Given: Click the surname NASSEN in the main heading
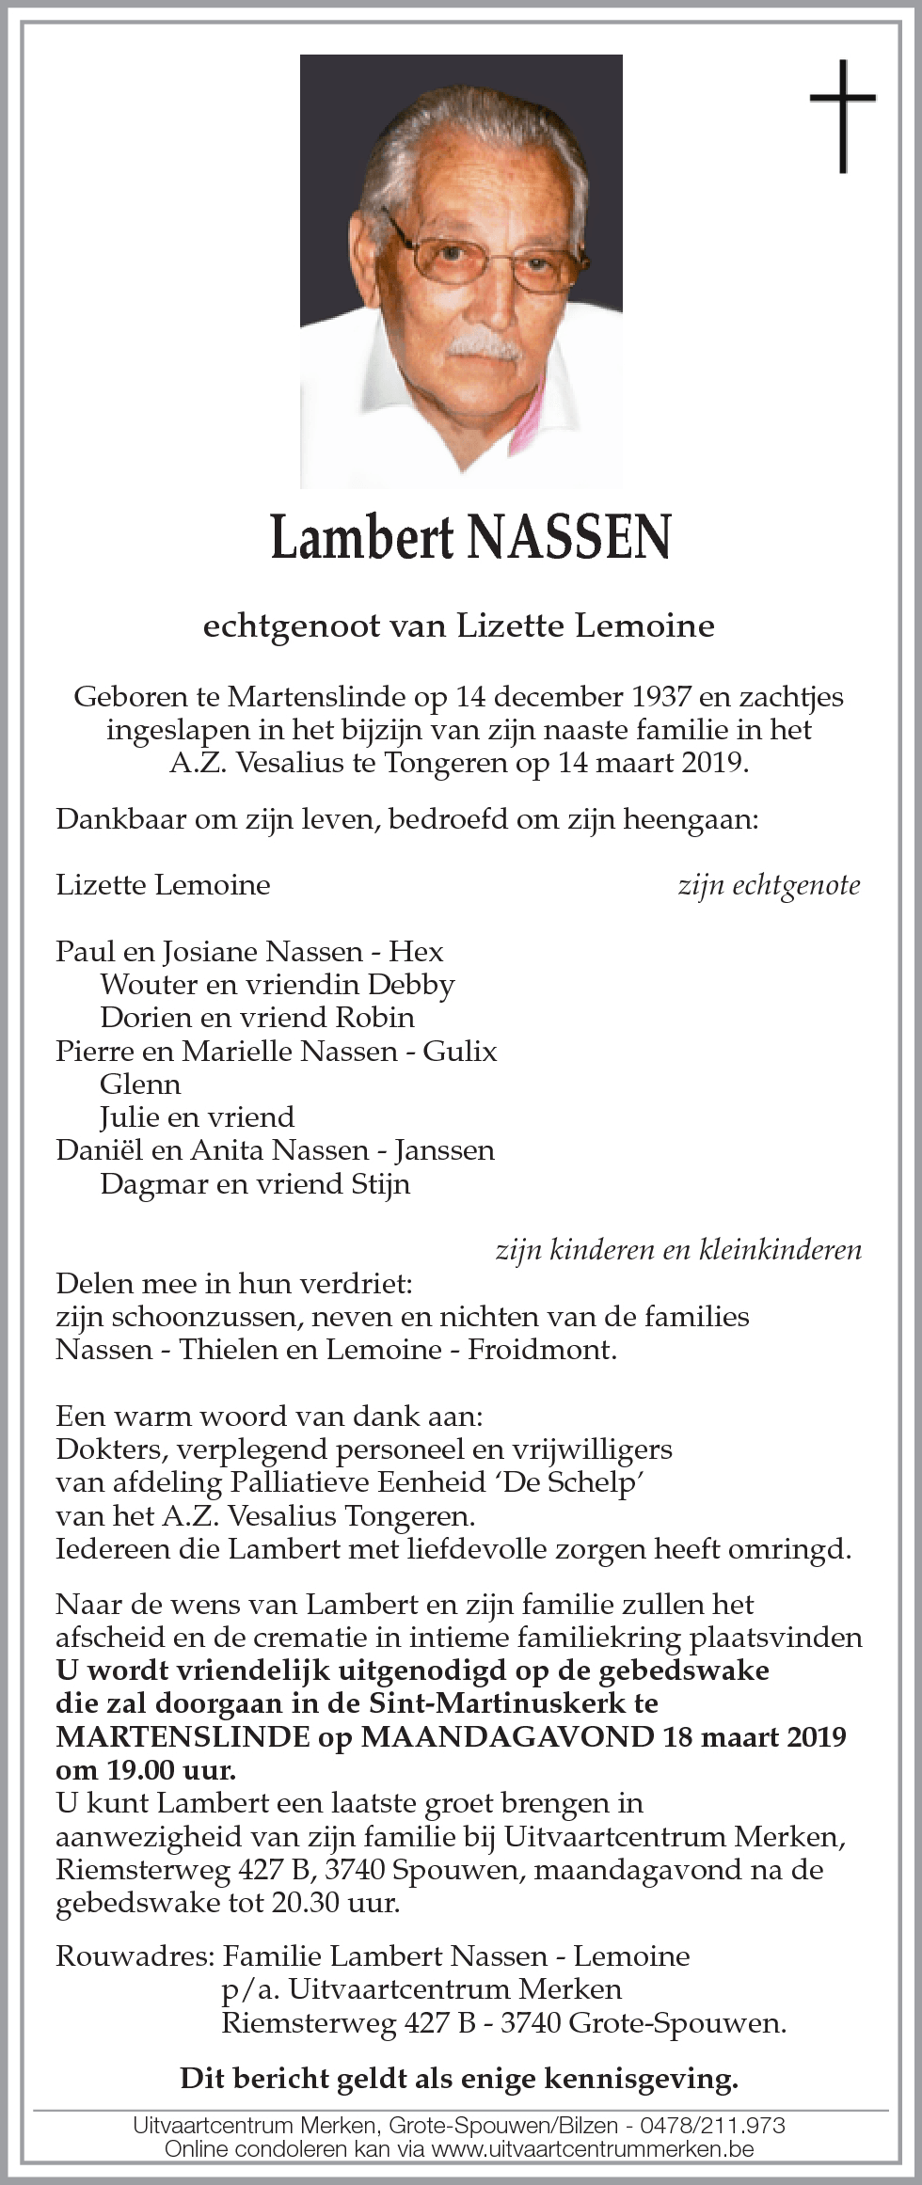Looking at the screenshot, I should (568, 538).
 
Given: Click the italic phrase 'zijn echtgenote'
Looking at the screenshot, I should (769, 885).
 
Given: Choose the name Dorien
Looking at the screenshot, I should (145, 1018).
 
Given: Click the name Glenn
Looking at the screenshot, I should (140, 1085).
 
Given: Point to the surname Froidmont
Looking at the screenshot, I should (542, 1350).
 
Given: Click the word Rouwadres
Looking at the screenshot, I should (134, 1956).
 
